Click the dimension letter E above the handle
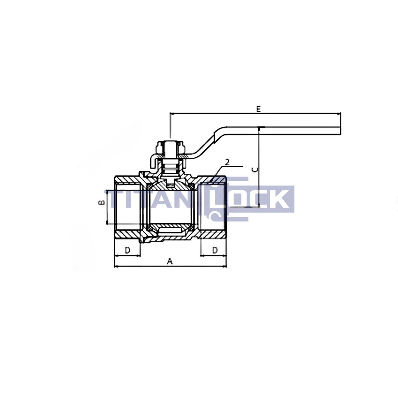(258, 109)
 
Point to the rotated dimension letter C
(254, 169)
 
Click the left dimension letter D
(127, 250)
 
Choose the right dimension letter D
(215, 250)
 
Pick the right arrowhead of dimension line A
(226, 266)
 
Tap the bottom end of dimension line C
(258, 206)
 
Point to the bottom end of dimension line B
(107, 223)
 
